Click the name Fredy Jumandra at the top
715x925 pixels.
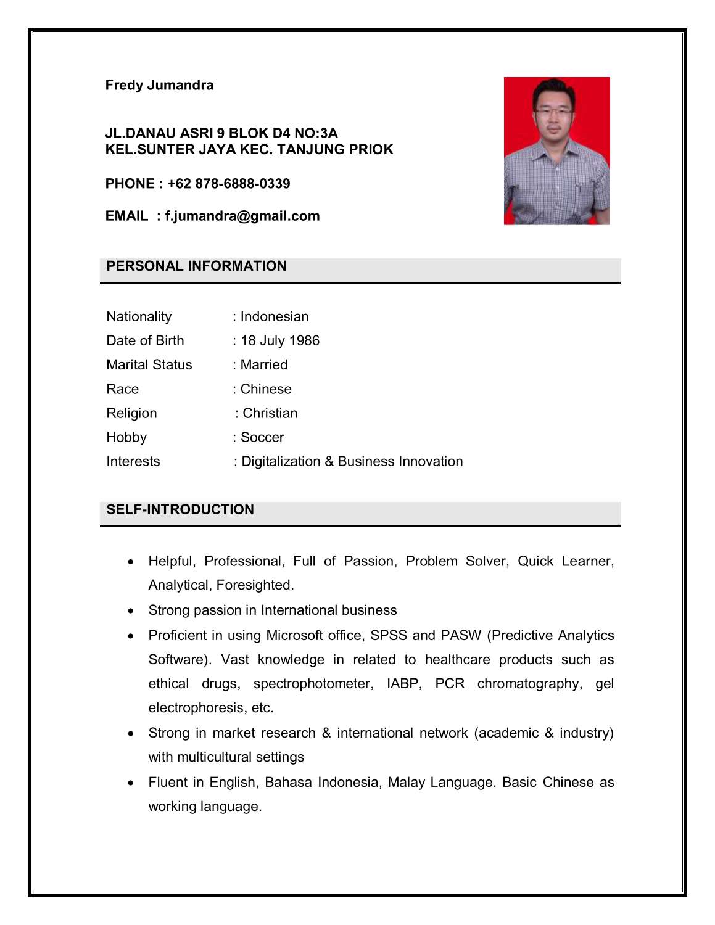point(159,85)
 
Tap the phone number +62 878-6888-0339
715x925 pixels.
point(228,184)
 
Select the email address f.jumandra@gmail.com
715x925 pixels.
point(242,216)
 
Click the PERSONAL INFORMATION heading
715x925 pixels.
point(196,266)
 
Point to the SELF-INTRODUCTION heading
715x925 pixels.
point(180,509)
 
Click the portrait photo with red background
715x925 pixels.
point(556,150)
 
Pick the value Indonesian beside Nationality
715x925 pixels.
point(275,316)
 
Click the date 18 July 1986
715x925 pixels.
point(280,340)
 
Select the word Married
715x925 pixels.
point(264,364)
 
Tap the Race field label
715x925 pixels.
point(123,389)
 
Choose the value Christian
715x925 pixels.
point(270,413)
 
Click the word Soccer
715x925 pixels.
point(262,437)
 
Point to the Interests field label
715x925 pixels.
point(133,461)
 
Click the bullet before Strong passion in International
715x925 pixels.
point(131,611)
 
